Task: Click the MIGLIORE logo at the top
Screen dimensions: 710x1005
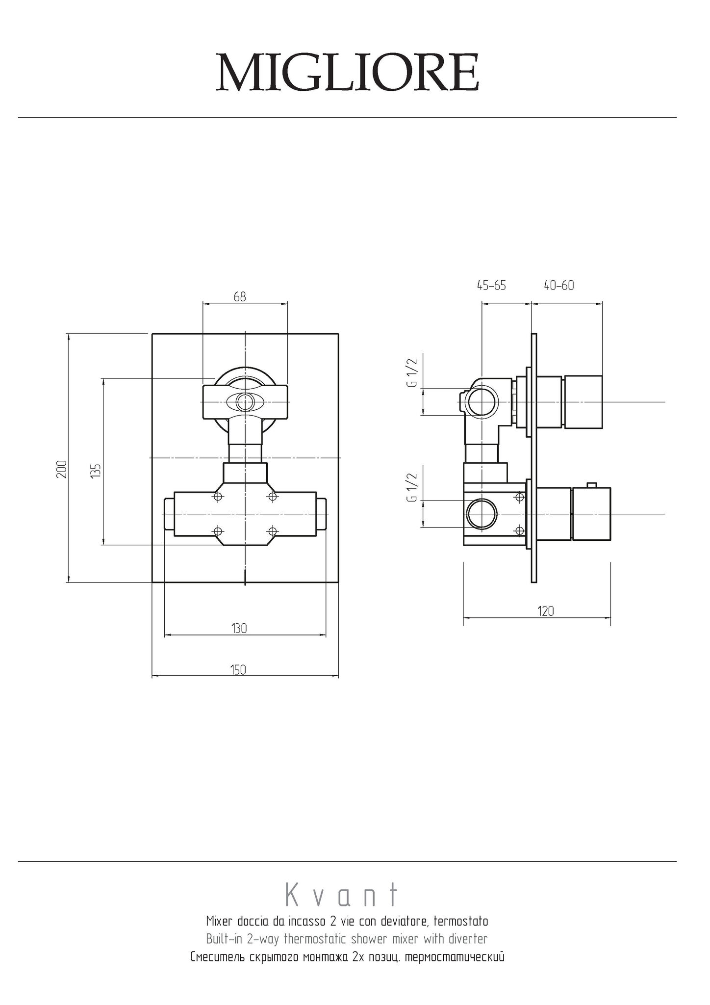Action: click(x=348, y=72)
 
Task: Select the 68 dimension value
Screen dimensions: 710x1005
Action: click(x=240, y=296)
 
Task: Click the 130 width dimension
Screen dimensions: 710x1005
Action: click(x=239, y=628)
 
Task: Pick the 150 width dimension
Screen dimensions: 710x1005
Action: click(x=238, y=670)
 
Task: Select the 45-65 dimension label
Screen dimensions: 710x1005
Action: click(x=491, y=285)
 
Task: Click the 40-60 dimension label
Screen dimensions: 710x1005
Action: click(x=558, y=285)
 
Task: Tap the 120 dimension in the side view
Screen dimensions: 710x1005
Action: click(x=546, y=611)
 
